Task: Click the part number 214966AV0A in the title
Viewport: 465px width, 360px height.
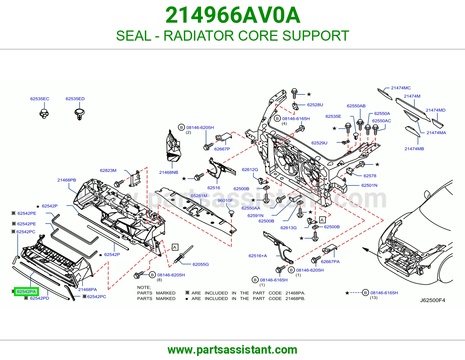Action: click(233, 15)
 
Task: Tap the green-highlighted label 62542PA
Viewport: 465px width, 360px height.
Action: click(26, 291)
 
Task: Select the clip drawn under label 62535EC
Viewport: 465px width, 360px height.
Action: click(44, 114)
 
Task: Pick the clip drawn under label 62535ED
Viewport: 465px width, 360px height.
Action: click(79, 114)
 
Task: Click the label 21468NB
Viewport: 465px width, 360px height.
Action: click(169, 172)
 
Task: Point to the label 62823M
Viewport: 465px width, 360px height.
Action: click(108, 170)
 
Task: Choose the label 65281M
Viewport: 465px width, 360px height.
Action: click(199, 196)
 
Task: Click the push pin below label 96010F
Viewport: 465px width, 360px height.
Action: click(231, 214)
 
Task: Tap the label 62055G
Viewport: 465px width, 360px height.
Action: click(201, 264)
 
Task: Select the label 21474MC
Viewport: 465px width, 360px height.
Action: click(401, 88)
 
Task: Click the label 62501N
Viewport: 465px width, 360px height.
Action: click(369, 185)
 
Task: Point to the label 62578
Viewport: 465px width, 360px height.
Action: click(370, 176)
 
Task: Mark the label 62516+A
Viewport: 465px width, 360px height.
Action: click(258, 256)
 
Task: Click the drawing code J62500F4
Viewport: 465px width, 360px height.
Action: click(432, 300)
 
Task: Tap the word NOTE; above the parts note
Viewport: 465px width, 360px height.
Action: click(144, 287)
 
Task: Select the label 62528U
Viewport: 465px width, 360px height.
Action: click(315, 105)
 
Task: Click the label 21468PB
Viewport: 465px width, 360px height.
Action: click(67, 180)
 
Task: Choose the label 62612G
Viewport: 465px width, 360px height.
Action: click(250, 170)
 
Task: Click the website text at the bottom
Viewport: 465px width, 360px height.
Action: click(233, 350)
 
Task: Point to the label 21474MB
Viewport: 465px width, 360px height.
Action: click(414, 149)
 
